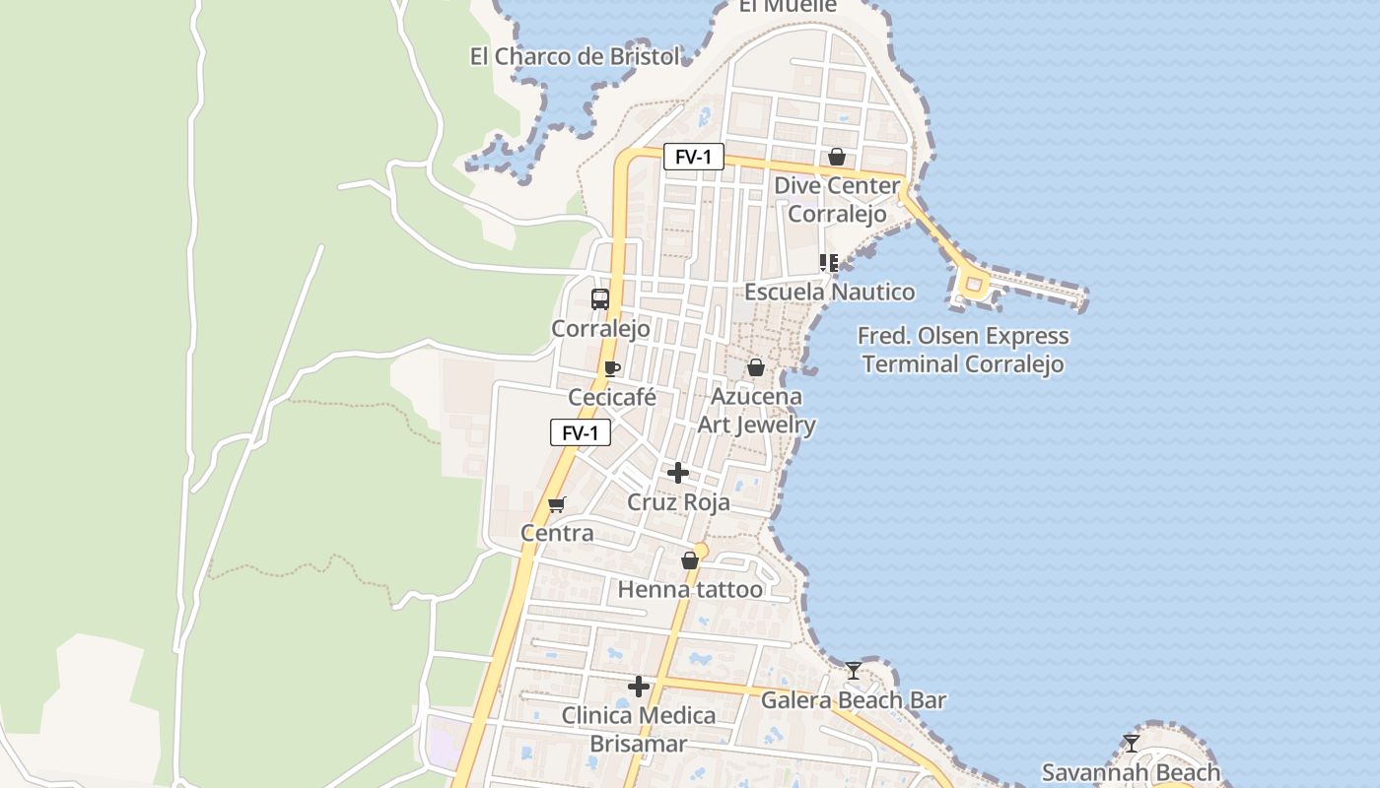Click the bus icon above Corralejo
600,299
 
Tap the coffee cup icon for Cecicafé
611,369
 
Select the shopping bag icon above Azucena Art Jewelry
756,367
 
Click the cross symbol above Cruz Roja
678,473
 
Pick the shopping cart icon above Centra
557,504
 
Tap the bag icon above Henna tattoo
690,560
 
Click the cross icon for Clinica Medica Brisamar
639,687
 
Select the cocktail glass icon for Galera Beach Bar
854,671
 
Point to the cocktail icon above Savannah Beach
1131,743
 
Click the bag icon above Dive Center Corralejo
837,157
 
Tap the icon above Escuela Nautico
829,263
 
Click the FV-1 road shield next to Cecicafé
581,432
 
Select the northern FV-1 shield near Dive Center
693,157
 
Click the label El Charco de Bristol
575,57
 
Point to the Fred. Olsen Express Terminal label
963,350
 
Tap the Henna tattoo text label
690,590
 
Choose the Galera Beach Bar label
854,700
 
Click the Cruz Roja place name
679,502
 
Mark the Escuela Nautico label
829,293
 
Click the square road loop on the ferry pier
973,286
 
